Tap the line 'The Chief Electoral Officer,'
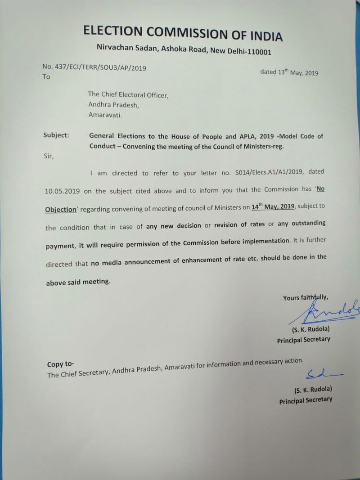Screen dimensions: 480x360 pyautogui.click(x=128, y=95)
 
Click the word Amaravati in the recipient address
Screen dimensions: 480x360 pyautogui.click(x=104, y=115)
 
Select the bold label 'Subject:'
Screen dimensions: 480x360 pyautogui.click(x=56, y=135)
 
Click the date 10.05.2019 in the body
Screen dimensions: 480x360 pyautogui.click(x=63, y=191)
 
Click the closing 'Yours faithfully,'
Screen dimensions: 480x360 pyautogui.click(x=306, y=297)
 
